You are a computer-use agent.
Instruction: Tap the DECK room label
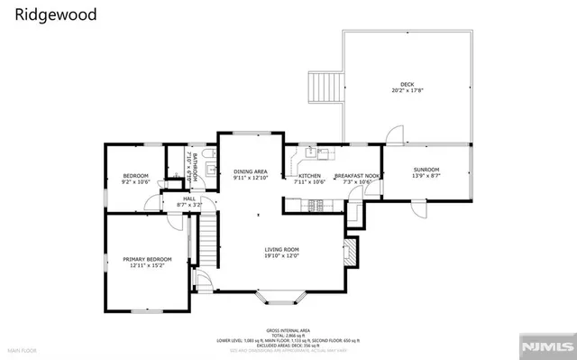coord(408,83)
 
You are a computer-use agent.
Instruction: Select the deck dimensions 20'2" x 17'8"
coord(408,90)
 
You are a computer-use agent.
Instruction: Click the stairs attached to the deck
coord(322,88)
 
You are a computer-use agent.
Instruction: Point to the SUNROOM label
coord(426,170)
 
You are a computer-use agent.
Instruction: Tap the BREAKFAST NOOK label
coord(358,176)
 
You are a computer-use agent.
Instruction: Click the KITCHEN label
coord(310,176)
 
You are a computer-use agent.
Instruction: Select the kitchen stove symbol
coord(316,207)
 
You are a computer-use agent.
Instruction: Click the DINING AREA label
coord(251,171)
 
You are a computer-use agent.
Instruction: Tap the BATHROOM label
coord(192,166)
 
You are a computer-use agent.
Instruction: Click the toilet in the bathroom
coord(208,164)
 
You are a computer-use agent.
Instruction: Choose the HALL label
coord(188,198)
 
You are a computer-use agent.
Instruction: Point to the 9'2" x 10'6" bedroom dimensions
coord(135,182)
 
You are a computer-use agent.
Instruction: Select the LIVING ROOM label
coord(281,249)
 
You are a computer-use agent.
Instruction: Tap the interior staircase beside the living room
coord(208,242)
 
